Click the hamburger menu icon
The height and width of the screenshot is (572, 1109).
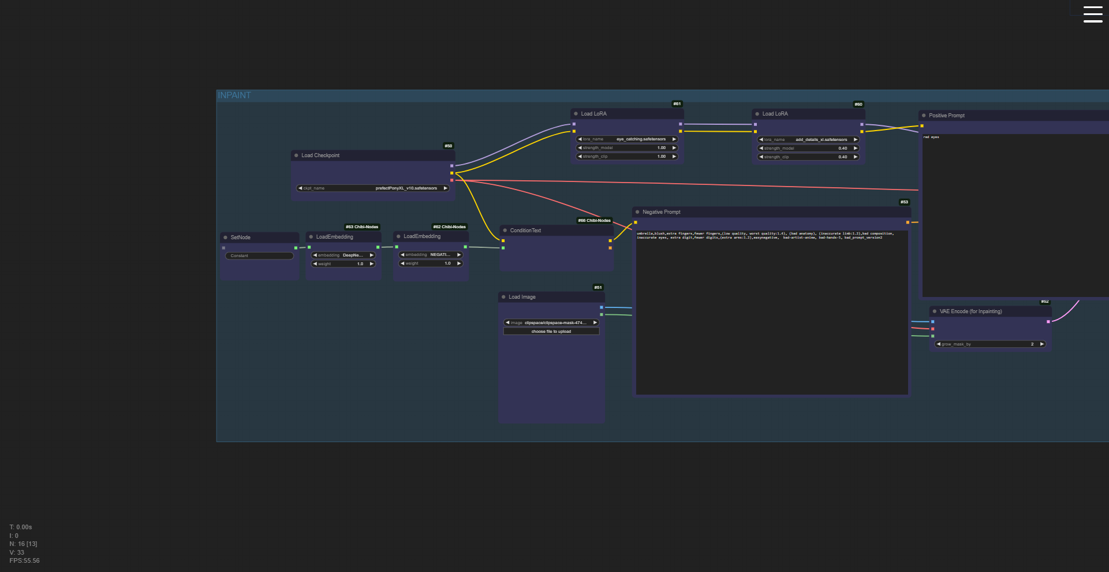point(1092,14)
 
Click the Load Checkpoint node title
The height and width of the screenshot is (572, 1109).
point(320,155)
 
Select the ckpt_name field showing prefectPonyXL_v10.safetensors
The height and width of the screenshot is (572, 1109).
point(373,188)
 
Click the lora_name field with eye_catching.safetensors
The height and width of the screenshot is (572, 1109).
point(627,139)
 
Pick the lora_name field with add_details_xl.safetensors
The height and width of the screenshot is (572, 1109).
point(808,140)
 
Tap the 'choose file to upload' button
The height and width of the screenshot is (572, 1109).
point(551,332)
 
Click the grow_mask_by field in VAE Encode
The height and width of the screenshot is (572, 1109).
point(990,344)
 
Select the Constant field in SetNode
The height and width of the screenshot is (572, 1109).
point(259,256)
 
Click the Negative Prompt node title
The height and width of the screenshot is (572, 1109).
point(662,212)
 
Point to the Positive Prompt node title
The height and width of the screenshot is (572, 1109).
point(947,116)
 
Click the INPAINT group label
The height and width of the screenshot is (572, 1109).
point(234,95)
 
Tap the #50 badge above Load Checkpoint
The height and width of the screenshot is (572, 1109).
point(449,146)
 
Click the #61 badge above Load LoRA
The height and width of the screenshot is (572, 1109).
point(677,104)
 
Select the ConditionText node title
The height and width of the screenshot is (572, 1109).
point(525,231)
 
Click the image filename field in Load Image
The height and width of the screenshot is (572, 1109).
point(551,323)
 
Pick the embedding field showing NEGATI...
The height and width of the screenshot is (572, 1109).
point(431,255)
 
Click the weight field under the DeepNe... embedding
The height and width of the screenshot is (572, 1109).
point(343,264)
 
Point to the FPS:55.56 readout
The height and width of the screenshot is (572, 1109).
point(25,561)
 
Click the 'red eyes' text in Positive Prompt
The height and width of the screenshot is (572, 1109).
point(931,138)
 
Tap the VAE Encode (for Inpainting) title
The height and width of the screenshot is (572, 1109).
point(970,311)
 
